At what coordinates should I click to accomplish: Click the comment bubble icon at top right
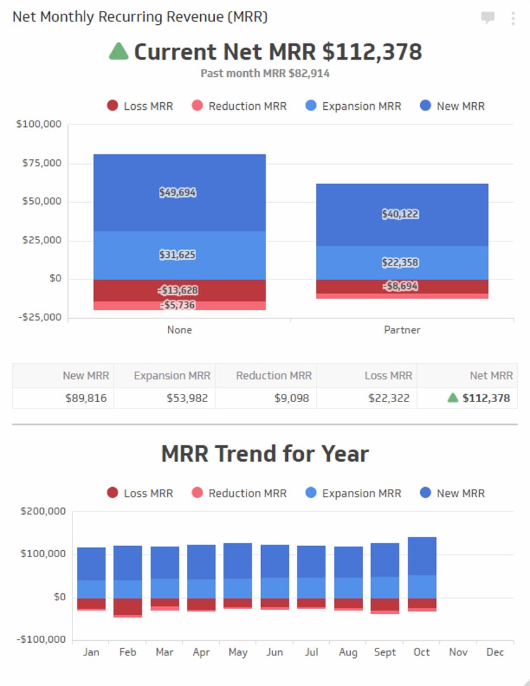(x=487, y=18)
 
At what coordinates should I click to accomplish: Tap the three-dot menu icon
(x=513, y=18)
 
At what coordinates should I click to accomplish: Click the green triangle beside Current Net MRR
(x=119, y=51)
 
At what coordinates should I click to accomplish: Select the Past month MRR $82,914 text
(x=265, y=73)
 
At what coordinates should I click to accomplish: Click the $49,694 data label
(x=177, y=192)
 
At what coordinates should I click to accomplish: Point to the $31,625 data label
(x=177, y=255)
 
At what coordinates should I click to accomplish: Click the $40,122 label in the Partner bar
(x=400, y=214)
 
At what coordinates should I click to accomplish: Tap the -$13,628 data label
(x=178, y=290)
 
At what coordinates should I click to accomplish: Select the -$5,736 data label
(x=177, y=305)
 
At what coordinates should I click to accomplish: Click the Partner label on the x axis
(x=402, y=330)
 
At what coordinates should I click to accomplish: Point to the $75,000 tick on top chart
(x=39, y=163)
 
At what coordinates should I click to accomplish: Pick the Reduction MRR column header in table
(x=273, y=375)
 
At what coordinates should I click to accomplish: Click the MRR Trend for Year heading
(x=265, y=454)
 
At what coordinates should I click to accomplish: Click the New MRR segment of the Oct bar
(x=422, y=556)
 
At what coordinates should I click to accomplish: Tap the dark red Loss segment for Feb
(x=128, y=606)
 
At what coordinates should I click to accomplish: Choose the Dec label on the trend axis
(x=495, y=652)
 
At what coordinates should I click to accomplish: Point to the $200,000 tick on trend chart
(x=43, y=511)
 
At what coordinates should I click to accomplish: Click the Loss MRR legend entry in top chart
(x=140, y=106)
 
